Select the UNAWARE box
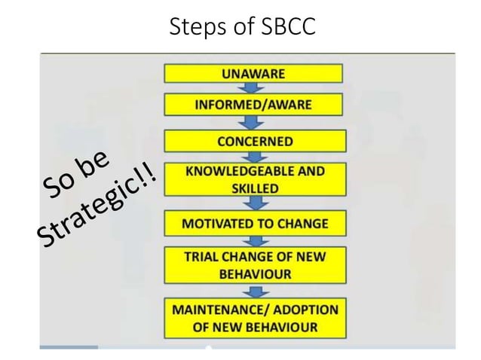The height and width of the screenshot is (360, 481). point(253,73)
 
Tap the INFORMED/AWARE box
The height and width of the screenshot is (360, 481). point(253,104)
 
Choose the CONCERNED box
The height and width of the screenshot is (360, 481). point(255,141)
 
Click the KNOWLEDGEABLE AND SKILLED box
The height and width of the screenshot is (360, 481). point(253,178)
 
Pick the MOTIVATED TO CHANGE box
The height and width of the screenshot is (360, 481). point(255,224)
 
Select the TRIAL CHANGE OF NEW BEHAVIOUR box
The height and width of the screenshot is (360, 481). point(255,264)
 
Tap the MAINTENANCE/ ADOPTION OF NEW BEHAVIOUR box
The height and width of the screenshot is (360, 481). point(255,318)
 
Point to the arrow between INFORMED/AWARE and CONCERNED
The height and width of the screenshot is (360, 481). point(253,122)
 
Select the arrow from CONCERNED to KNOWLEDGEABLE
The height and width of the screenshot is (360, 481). point(254,157)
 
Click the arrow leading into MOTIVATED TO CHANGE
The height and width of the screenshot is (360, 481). point(255,204)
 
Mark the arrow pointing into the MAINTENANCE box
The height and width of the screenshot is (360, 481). point(255,290)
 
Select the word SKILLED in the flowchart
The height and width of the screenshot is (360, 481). point(253,188)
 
